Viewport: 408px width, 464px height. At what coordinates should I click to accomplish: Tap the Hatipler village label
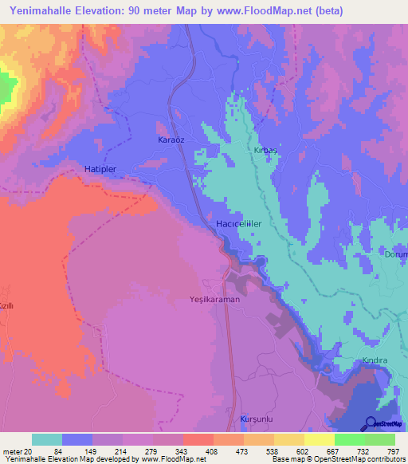click(x=100, y=169)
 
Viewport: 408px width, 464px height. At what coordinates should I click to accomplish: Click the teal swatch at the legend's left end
click(x=47, y=439)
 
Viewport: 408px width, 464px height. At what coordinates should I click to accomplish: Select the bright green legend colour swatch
click(x=349, y=439)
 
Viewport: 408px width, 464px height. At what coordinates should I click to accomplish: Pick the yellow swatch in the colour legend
click(x=319, y=439)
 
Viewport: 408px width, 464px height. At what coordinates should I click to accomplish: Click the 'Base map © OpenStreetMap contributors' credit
click(x=335, y=459)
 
